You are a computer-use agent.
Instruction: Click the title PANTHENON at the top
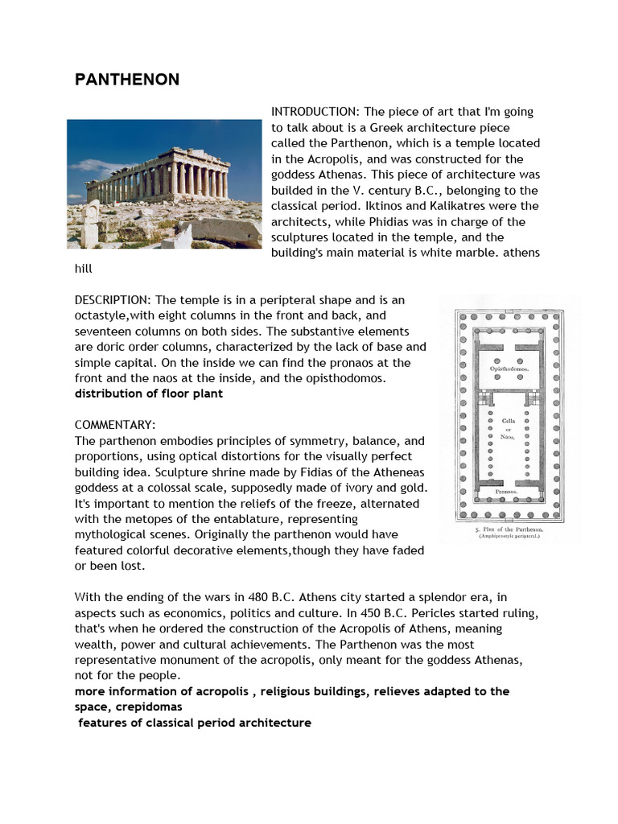click(126, 80)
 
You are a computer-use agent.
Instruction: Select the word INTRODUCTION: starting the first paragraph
click(315, 111)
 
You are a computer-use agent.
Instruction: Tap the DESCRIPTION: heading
click(113, 299)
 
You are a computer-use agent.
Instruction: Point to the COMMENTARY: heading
click(115, 425)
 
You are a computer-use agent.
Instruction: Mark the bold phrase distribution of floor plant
click(148, 393)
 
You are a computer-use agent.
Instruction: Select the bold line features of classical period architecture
click(194, 723)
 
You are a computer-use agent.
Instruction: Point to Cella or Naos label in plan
click(508, 427)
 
